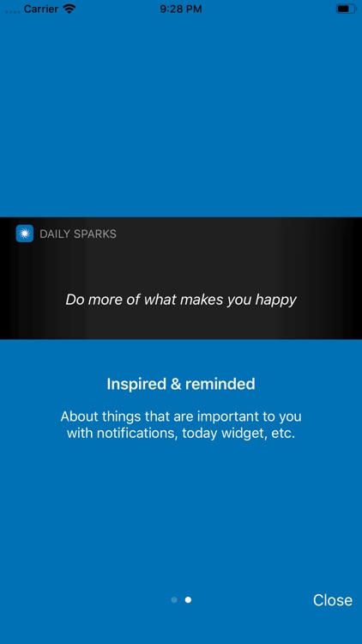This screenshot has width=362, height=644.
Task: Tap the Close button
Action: [333, 600]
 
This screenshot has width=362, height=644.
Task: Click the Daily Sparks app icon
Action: [25, 234]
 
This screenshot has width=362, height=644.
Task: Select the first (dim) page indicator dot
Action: [174, 600]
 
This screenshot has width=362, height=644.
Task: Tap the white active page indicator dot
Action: [188, 600]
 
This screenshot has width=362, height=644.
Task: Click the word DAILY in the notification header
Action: [55, 234]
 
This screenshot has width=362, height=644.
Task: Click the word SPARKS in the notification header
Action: [95, 234]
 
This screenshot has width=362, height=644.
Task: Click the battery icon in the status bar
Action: [346, 9]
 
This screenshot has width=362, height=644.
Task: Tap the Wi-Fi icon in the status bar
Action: [69, 9]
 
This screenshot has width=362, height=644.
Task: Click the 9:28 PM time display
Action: [181, 9]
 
